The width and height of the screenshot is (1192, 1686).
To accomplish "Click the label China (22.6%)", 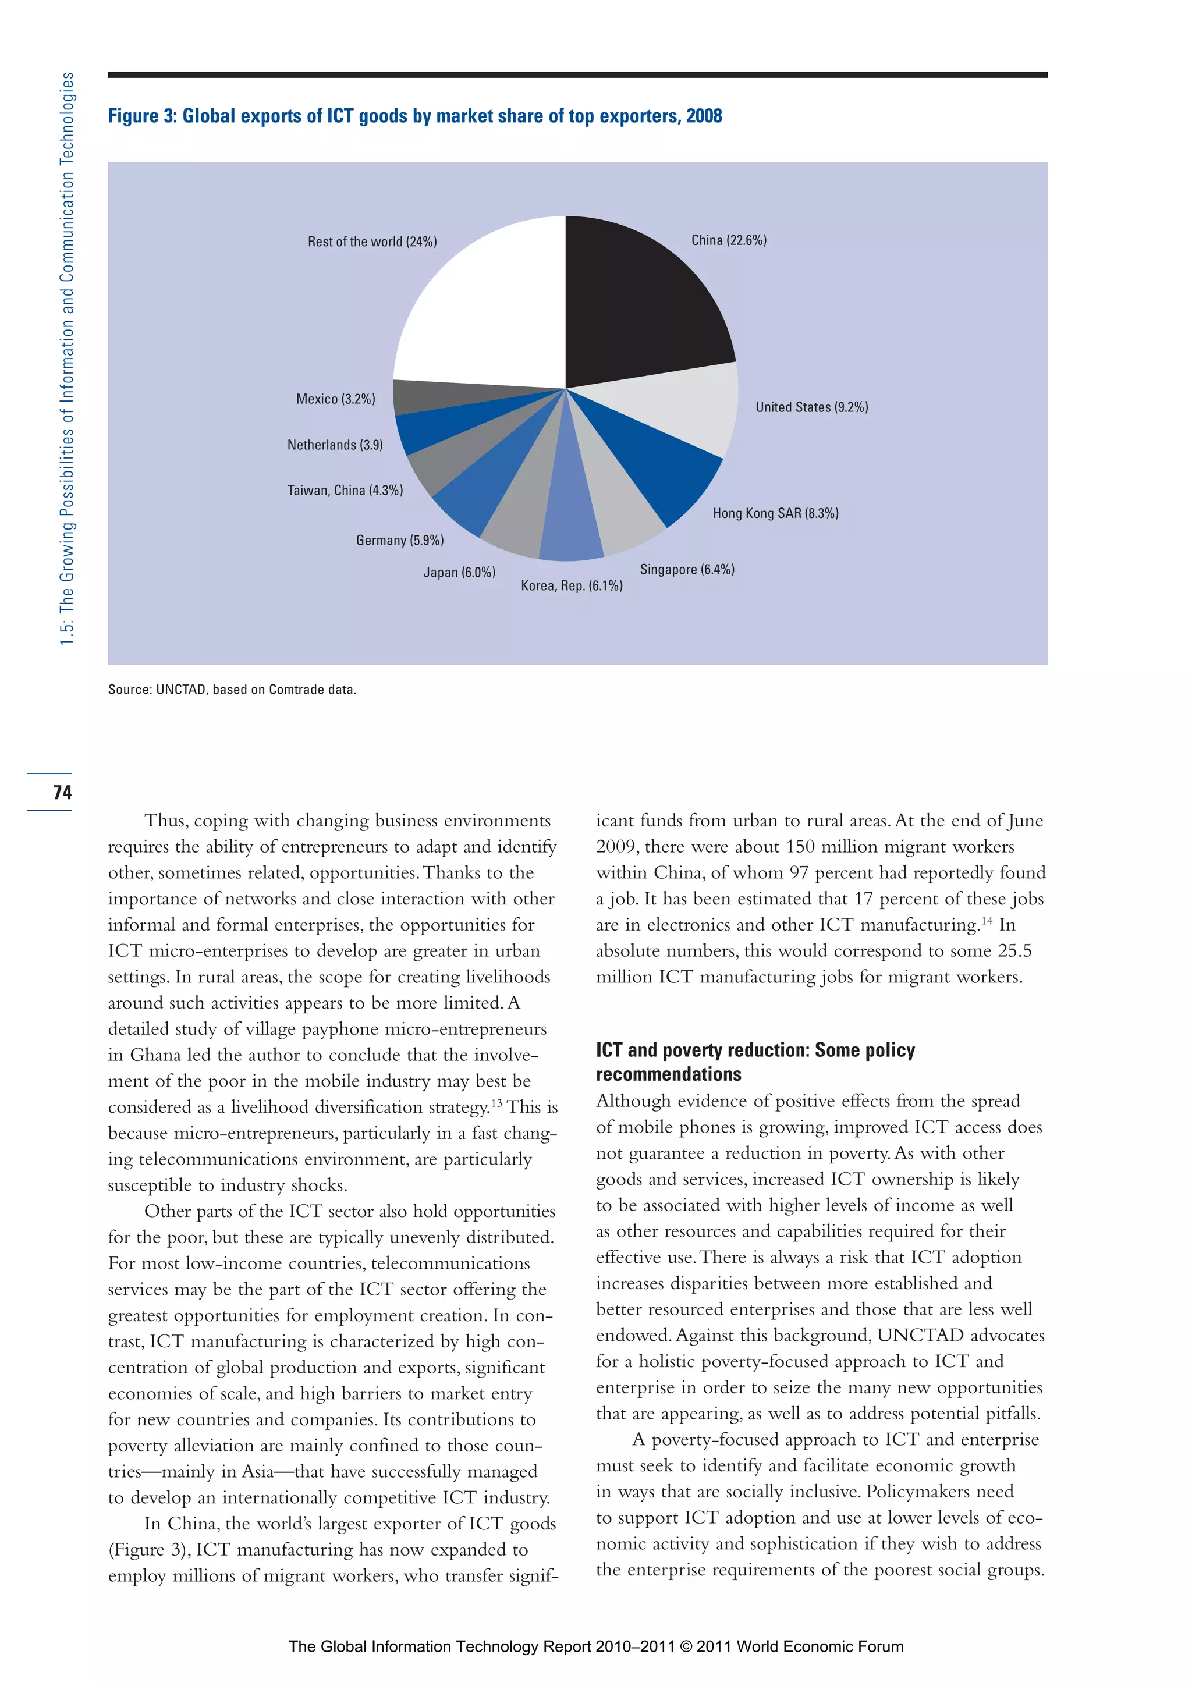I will pyautogui.click(x=729, y=240).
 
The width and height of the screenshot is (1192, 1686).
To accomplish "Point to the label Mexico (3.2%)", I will pyautogui.click(x=336, y=399).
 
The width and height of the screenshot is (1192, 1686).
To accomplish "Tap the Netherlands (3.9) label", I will pyautogui.click(x=335, y=445).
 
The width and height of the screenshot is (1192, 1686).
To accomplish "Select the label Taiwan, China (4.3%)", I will pyautogui.click(x=345, y=490).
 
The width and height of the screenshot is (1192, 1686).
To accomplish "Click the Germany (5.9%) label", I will pyautogui.click(x=399, y=541).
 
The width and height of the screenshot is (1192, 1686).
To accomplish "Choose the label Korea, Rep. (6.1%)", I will pyautogui.click(x=572, y=585).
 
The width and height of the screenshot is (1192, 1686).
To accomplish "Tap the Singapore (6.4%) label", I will pyautogui.click(x=687, y=569).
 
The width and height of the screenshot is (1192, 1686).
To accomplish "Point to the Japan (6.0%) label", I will pyautogui.click(x=459, y=572).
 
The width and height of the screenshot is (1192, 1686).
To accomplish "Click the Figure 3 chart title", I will pyautogui.click(x=415, y=116).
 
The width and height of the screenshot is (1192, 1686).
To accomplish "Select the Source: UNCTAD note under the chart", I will pyautogui.click(x=232, y=690).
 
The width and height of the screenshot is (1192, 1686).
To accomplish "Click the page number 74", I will pyautogui.click(x=62, y=791).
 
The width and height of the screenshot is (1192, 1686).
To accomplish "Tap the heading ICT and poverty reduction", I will pyautogui.click(x=755, y=1062).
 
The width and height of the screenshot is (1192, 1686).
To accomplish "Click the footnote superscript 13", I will pyautogui.click(x=497, y=1102).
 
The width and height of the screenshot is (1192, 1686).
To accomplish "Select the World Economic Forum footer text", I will pyautogui.click(x=595, y=1646).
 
